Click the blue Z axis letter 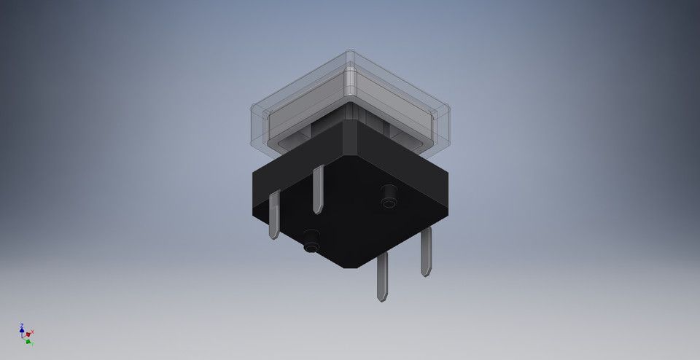(x=22, y=325)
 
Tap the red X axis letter (x=33, y=332)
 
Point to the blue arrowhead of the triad (x=22, y=330)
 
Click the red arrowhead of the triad (x=28, y=334)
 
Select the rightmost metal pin (x=426, y=251)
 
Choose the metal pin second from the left (x=318, y=189)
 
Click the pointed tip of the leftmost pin (x=275, y=237)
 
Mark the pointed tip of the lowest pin (x=382, y=299)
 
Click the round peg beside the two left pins (x=311, y=240)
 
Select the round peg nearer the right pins (x=389, y=193)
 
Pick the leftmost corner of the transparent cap (x=252, y=124)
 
